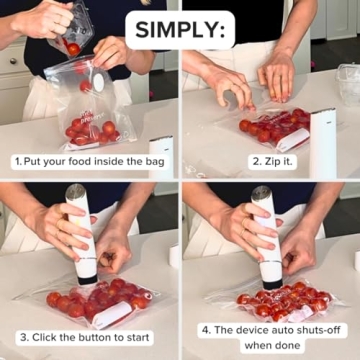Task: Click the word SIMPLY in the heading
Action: (180, 27)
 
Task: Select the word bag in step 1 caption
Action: (158, 161)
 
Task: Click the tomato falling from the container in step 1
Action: (73, 48)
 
